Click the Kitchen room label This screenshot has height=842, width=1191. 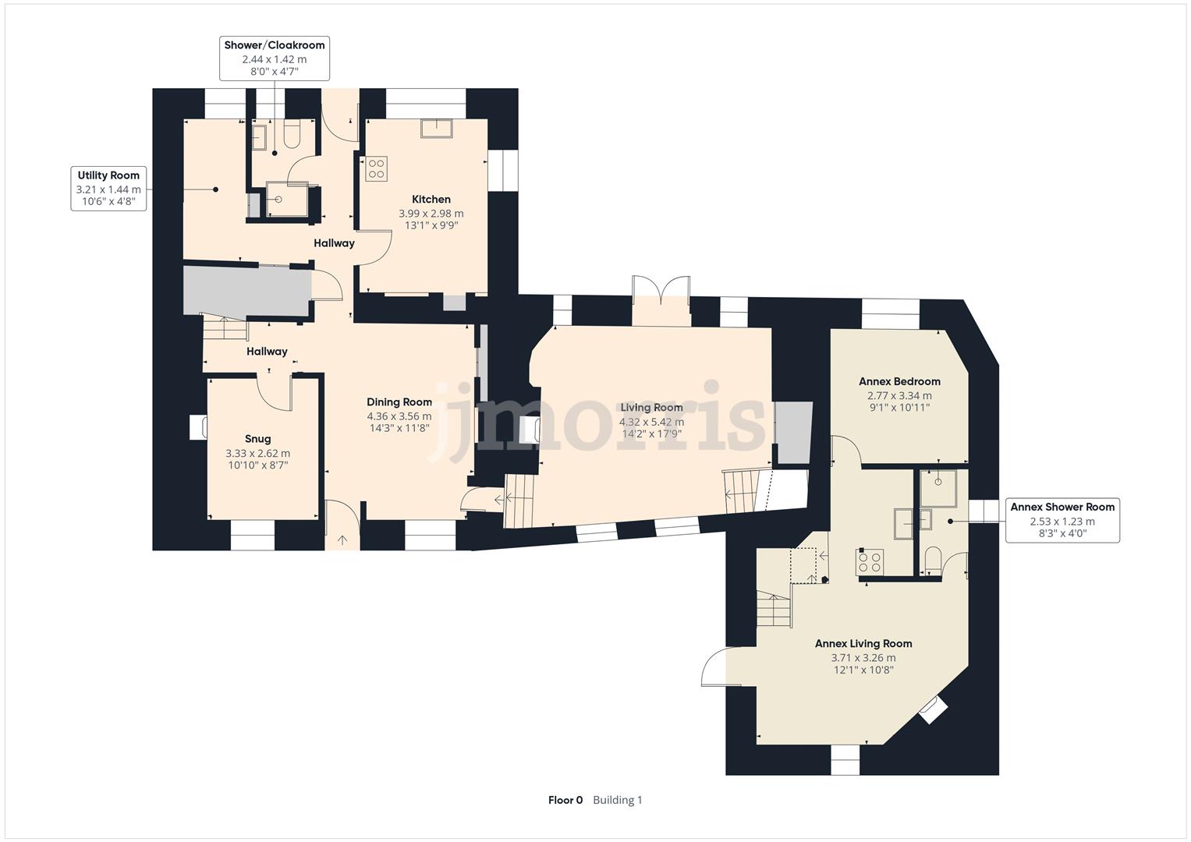tap(431, 199)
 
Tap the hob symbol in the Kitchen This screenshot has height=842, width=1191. tap(377, 168)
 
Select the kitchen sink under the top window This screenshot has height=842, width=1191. tap(435, 128)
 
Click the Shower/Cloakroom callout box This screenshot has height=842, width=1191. tap(275, 58)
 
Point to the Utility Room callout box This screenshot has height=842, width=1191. tap(108, 189)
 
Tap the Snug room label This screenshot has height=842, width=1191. tap(257, 439)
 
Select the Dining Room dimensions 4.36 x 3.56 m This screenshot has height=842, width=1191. tap(399, 416)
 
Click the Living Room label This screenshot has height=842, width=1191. tap(651, 407)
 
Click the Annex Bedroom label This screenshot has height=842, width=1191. tap(899, 381)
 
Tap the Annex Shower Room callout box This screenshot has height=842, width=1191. tap(1062, 520)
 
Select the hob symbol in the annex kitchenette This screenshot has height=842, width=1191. tap(870, 562)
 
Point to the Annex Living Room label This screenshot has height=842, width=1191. tap(863, 643)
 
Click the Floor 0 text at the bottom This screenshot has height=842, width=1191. tap(565, 800)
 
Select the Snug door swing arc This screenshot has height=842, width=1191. tap(272, 393)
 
